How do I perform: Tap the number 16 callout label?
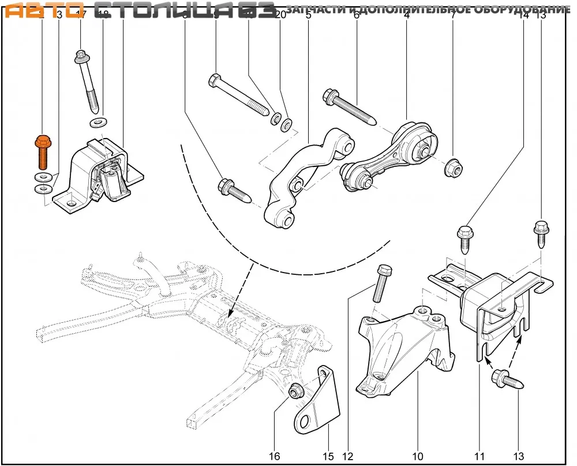point(274,456)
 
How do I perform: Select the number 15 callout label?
point(328,456)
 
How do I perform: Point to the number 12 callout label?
point(347,456)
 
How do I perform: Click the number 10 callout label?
point(418,456)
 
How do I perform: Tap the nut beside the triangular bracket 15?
point(295,392)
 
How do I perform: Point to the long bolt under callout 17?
point(87,81)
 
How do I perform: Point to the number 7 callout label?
point(453,16)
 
